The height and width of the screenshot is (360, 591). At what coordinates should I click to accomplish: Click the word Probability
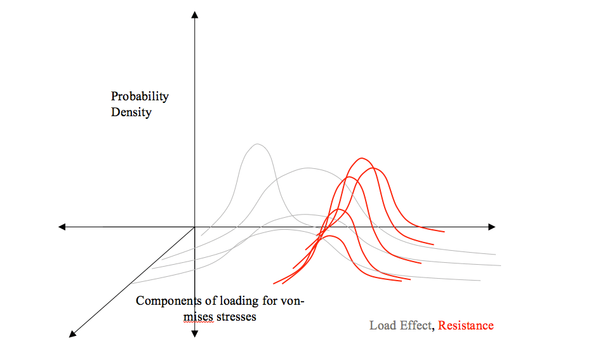(x=140, y=97)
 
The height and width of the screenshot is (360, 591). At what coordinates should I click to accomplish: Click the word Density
(x=131, y=112)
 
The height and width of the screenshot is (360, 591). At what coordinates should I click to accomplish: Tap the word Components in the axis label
(x=167, y=300)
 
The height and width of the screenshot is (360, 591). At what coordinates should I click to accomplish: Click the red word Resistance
(x=465, y=326)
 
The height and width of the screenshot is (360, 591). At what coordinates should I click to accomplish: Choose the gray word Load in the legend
(x=383, y=326)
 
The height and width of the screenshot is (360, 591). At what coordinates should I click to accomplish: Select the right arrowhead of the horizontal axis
(x=491, y=227)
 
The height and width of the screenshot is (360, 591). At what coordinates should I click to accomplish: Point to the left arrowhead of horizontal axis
(x=62, y=227)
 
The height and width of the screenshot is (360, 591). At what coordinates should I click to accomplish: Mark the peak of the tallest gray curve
(x=258, y=144)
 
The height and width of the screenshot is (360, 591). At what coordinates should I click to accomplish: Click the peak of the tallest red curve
(x=362, y=158)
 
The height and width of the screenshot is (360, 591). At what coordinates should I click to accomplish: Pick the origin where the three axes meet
(x=195, y=227)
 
